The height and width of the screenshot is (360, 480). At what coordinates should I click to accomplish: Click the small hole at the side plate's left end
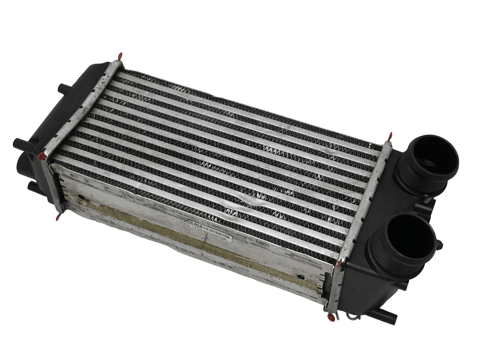(x=79, y=196)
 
